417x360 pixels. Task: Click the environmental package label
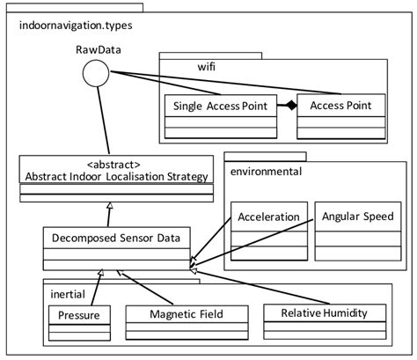click(x=266, y=170)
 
